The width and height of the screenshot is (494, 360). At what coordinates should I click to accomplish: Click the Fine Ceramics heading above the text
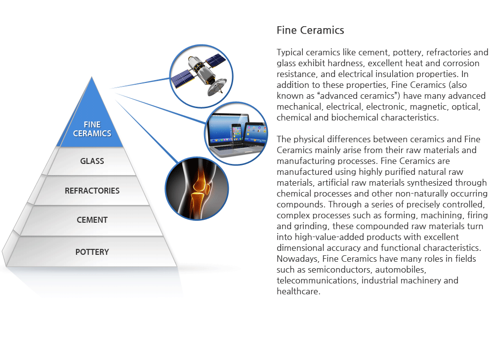(310, 31)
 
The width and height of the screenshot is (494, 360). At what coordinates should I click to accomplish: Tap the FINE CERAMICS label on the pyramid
(92, 129)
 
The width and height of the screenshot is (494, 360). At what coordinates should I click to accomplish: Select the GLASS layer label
(92, 161)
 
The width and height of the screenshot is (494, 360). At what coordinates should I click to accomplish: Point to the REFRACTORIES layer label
(92, 191)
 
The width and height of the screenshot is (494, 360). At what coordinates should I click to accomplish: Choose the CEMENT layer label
(92, 220)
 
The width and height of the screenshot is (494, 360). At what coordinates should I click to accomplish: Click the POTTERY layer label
(92, 252)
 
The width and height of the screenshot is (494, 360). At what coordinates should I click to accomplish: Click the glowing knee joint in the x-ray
(199, 185)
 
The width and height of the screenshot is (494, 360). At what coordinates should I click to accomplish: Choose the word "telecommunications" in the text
(318, 280)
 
